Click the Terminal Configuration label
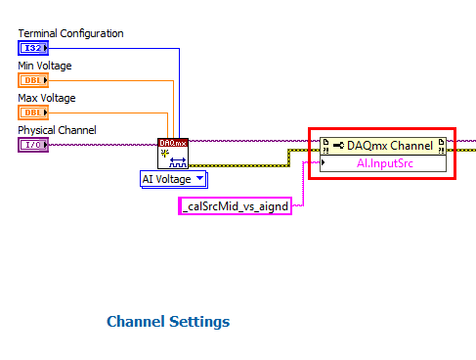pyautogui.click(x=70, y=33)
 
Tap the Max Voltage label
pyautogui.click(x=47, y=98)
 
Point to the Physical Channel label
pyautogui.click(x=57, y=130)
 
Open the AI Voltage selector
pyautogui.click(x=168, y=179)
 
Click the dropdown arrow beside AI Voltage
pyautogui.click(x=199, y=179)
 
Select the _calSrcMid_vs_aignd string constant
pyautogui.click(x=235, y=205)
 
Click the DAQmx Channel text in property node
pyautogui.click(x=390, y=146)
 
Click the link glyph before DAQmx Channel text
pyautogui.click(x=338, y=146)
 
